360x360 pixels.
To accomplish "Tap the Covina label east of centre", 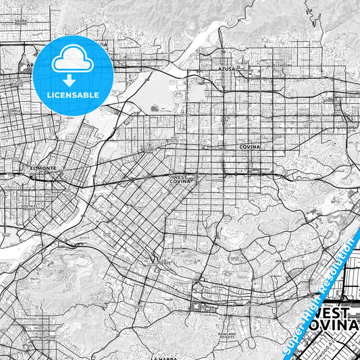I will click(249, 146).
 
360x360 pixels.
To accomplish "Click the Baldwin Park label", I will click(147, 150).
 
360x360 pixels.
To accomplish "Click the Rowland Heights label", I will click(226, 336).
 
